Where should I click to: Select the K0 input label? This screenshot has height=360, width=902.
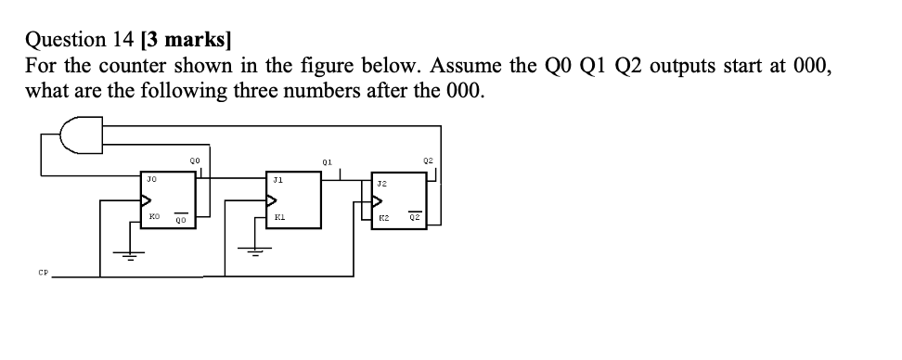[152, 219]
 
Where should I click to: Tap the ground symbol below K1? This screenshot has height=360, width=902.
[257, 248]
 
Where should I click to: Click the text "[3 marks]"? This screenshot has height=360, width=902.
[187, 40]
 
